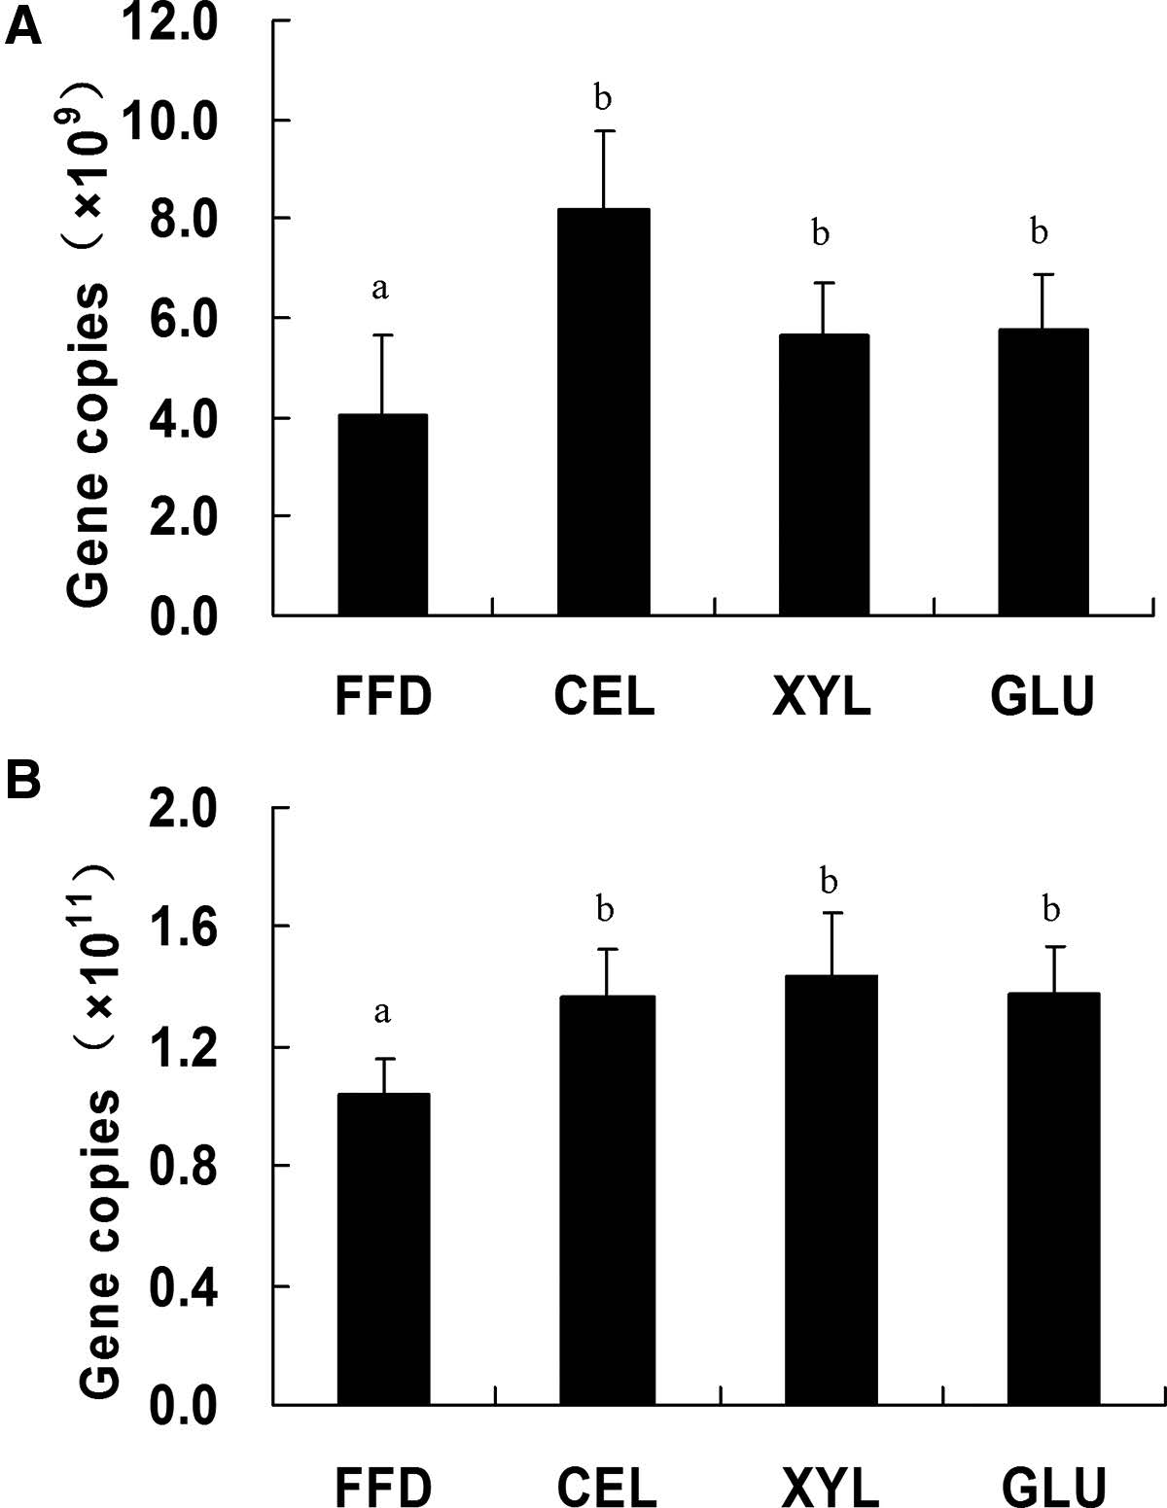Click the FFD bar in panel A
[382, 515]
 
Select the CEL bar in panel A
[603, 412]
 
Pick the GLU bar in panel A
[1043, 473]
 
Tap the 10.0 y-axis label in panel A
[186, 121]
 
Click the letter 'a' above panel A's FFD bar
[381, 289]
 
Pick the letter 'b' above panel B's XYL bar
[830, 881]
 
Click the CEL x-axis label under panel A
[604, 697]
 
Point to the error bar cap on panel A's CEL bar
[603, 131]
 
